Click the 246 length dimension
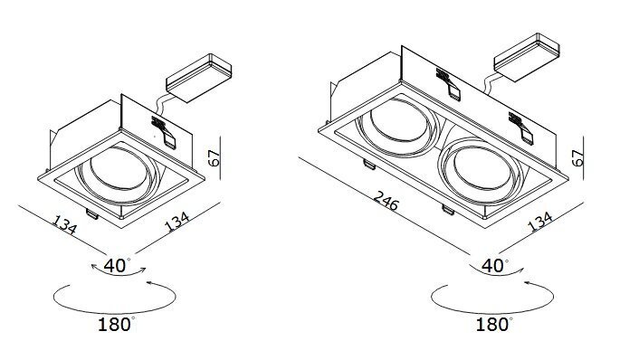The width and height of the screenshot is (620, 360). pyautogui.click(x=386, y=200)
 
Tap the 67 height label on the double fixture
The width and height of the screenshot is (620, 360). pyautogui.click(x=577, y=157)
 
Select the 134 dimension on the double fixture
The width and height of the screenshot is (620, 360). pyautogui.click(x=539, y=222)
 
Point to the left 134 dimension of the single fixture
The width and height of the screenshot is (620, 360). pyautogui.click(x=64, y=225)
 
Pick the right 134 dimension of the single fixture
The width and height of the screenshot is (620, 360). pyautogui.click(x=176, y=222)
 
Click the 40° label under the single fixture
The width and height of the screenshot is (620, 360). pyautogui.click(x=117, y=266)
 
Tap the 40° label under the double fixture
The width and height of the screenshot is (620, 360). pyautogui.click(x=495, y=266)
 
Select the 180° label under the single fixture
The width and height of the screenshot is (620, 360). pyautogui.click(x=117, y=324)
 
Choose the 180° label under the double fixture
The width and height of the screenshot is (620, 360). pyautogui.click(x=494, y=324)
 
